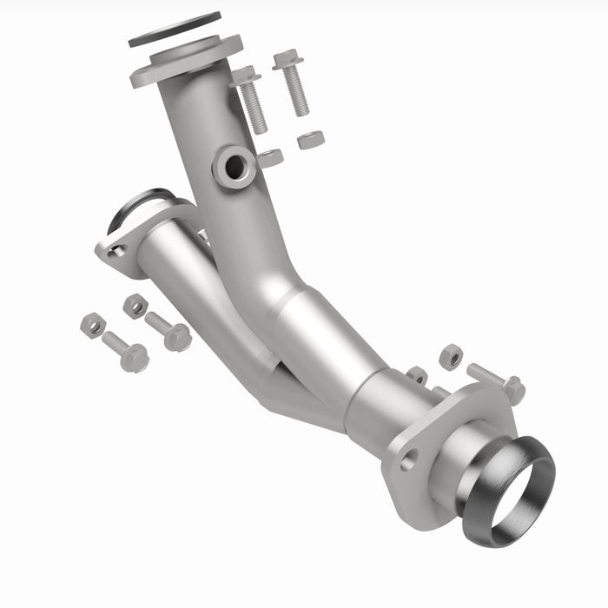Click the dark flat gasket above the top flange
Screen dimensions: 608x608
coord(175,30)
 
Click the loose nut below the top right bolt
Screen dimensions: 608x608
coord(310,139)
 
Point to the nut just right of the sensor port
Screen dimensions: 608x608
coord(270,158)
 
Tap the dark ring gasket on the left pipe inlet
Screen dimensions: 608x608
coord(139,205)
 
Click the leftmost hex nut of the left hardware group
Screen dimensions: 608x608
coord(93,325)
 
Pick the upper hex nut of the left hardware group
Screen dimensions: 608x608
coord(135,305)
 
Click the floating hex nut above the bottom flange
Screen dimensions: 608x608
coord(450,356)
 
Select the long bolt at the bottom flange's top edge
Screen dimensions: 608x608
coord(495,381)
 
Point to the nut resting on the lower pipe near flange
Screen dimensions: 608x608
coord(418,375)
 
